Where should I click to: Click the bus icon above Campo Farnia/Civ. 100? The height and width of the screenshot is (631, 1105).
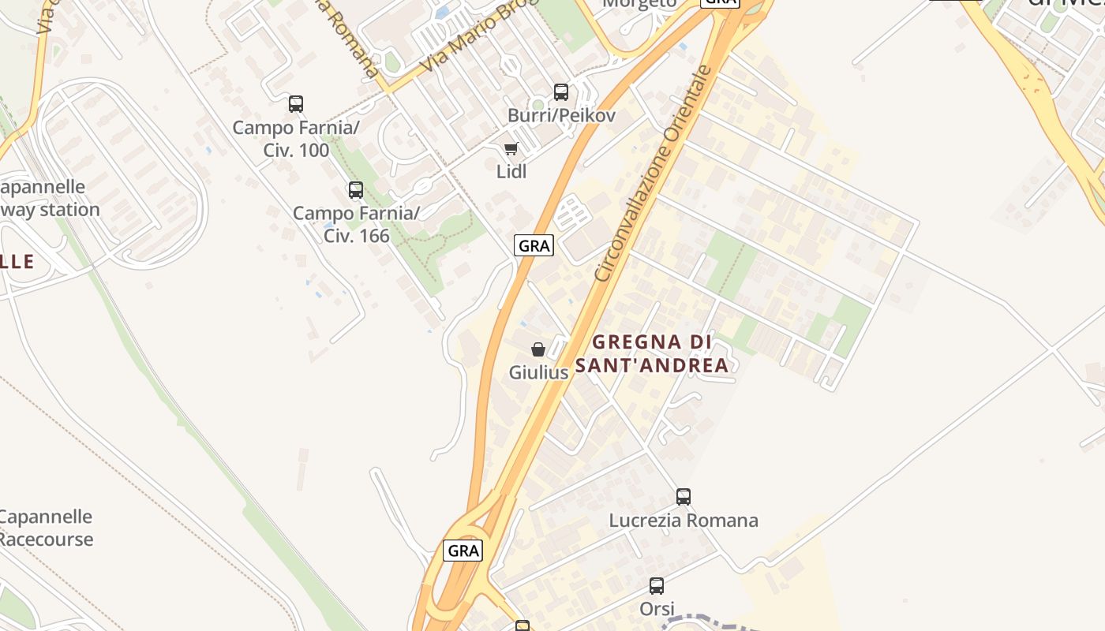pyautogui.click(x=296, y=103)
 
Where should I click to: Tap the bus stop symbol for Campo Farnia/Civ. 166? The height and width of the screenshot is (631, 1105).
pyautogui.click(x=356, y=189)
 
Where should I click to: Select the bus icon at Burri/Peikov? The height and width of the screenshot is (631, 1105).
pyautogui.click(x=561, y=92)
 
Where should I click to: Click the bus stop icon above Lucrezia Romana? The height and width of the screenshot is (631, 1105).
pyautogui.click(x=684, y=497)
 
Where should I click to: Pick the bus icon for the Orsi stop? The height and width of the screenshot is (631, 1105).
pyautogui.click(x=657, y=586)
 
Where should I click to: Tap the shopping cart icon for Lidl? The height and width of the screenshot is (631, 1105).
pyautogui.click(x=511, y=148)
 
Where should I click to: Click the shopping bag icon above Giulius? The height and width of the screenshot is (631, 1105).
pyautogui.click(x=538, y=349)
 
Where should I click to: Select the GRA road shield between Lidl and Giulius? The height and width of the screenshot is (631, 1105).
pyautogui.click(x=534, y=245)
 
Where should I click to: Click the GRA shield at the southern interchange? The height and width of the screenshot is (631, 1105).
pyautogui.click(x=463, y=550)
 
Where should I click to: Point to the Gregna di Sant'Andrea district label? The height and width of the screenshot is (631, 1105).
pyautogui.click(x=652, y=353)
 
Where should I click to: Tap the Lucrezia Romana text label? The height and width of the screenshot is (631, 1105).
pyautogui.click(x=684, y=521)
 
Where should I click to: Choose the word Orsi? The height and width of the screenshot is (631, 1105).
pyautogui.click(x=657, y=609)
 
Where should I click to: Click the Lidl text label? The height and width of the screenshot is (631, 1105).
pyautogui.click(x=511, y=171)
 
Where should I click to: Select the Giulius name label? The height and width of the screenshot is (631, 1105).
pyautogui.click(x=538, y=372)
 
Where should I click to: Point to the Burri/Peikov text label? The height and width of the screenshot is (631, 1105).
pyautogui.click(x=561, y=116)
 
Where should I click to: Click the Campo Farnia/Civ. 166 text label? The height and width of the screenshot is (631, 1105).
pyautogui.click(x=356, y=224)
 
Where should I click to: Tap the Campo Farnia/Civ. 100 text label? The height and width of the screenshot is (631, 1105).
pyautogui.click(x=296, y=138)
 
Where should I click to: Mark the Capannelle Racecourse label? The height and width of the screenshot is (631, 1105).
pyautogui.click(x=45, y=528)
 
